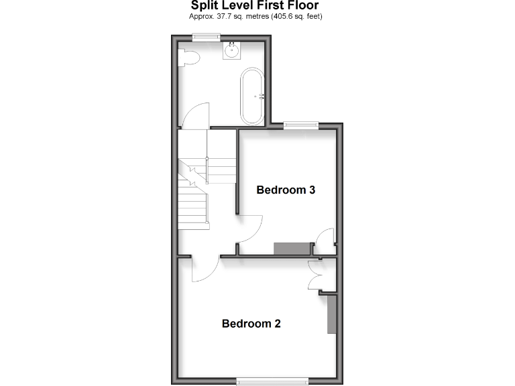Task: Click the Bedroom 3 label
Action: coord(286,190)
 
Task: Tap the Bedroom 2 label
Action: coord(251,324)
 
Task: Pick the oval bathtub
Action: coord(253,96)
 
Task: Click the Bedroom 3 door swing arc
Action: coord(249,229)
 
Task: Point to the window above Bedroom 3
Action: coord(300,124)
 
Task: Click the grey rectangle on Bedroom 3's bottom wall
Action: coord(294,248)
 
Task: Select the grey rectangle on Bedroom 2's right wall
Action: coord(331,315)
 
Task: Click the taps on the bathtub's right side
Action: coord(264,96)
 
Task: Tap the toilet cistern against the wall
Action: coord(182,58)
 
